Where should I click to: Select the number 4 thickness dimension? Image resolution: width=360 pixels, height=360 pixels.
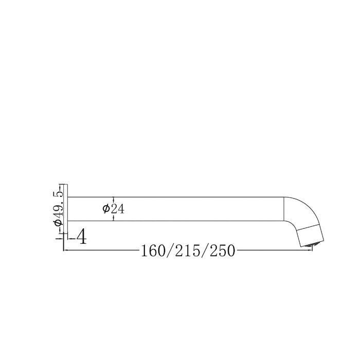click(81, 237)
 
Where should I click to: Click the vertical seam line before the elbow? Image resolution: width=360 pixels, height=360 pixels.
click(284, 209)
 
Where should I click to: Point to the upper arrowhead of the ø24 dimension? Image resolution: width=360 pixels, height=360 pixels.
click(113, 199)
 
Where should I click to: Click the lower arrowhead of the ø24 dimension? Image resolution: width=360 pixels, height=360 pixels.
click(113, 220)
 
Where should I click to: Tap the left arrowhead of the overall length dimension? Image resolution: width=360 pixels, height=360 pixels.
click(65, 251)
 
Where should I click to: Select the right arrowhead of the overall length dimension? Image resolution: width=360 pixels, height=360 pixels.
click(311, 251)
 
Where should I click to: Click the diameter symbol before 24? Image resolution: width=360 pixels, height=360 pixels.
click(105, 209)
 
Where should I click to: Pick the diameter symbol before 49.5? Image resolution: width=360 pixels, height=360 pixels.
click(58, 222)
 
